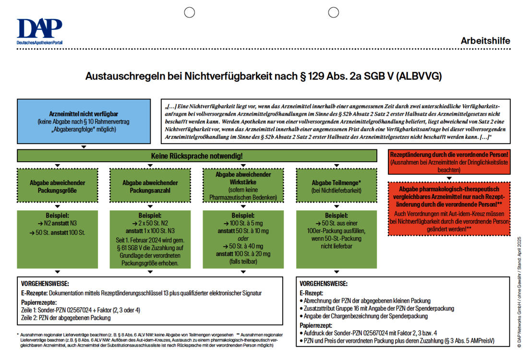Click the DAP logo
[x=39, y=31]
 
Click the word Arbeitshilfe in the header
[x=485, y=41]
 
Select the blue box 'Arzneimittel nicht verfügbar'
[x=84, y=121]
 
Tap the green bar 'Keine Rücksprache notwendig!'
[x=197, y=156]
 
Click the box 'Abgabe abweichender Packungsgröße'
[x=58, y=186]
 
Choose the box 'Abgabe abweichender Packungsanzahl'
[x=150, y=186]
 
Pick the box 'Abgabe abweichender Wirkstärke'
[x=243, y=186]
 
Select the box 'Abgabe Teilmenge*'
[x=336, y=186]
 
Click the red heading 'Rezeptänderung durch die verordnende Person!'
[x=449, y=156]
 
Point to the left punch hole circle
[x=190, y=12]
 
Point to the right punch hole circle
[x=334, y=12]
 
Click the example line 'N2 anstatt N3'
[x=58, y=224]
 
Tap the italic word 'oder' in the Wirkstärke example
[x=243, y=239]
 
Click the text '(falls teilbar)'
[x=243, y=262]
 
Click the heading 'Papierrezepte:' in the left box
[x=38, y=302]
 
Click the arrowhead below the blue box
[x=84, y=147]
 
